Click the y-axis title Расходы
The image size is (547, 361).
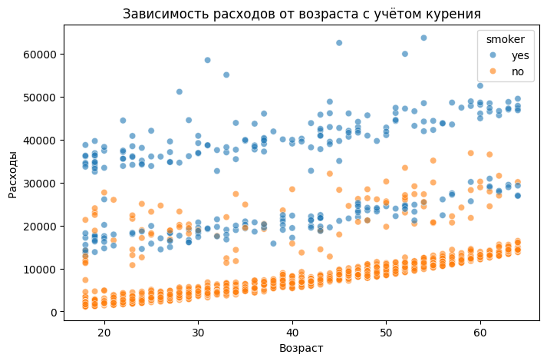[x=13, y=174]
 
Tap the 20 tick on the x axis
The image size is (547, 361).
[x=104, y=332]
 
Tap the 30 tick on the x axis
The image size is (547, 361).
[x=198, y=332]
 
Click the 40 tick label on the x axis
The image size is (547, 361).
[x=292, y=332]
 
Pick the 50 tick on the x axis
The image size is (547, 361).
[x=386, y=332]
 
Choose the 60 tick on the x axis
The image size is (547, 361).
[x=479, y=332]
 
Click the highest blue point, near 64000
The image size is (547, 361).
[x=423, y=38]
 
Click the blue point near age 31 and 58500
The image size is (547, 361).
[x=207, y=60]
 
